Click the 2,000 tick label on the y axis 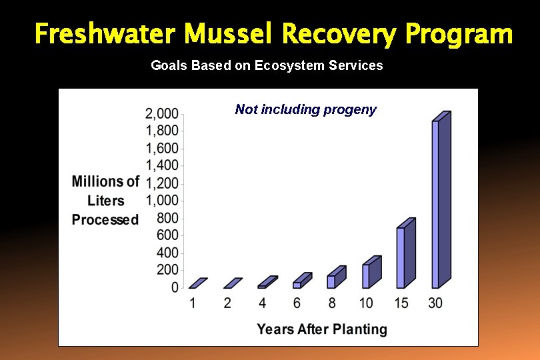click(x=161, y=113)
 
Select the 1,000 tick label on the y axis click(x=161, y=201)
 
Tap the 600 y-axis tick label click(x=167, y=235)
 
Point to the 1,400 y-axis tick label click(x=161, y=165)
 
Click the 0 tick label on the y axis click(x=174, y=288)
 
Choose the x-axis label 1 click(x=193, y=303)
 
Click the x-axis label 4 click(x=262, y=303)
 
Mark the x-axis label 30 click(x=435, y=303)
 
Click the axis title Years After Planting click(x=322, y=329)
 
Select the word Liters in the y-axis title click(x=105, y=201)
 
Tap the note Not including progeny click(x=305, y=109)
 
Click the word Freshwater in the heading click(x=106, y=33)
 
